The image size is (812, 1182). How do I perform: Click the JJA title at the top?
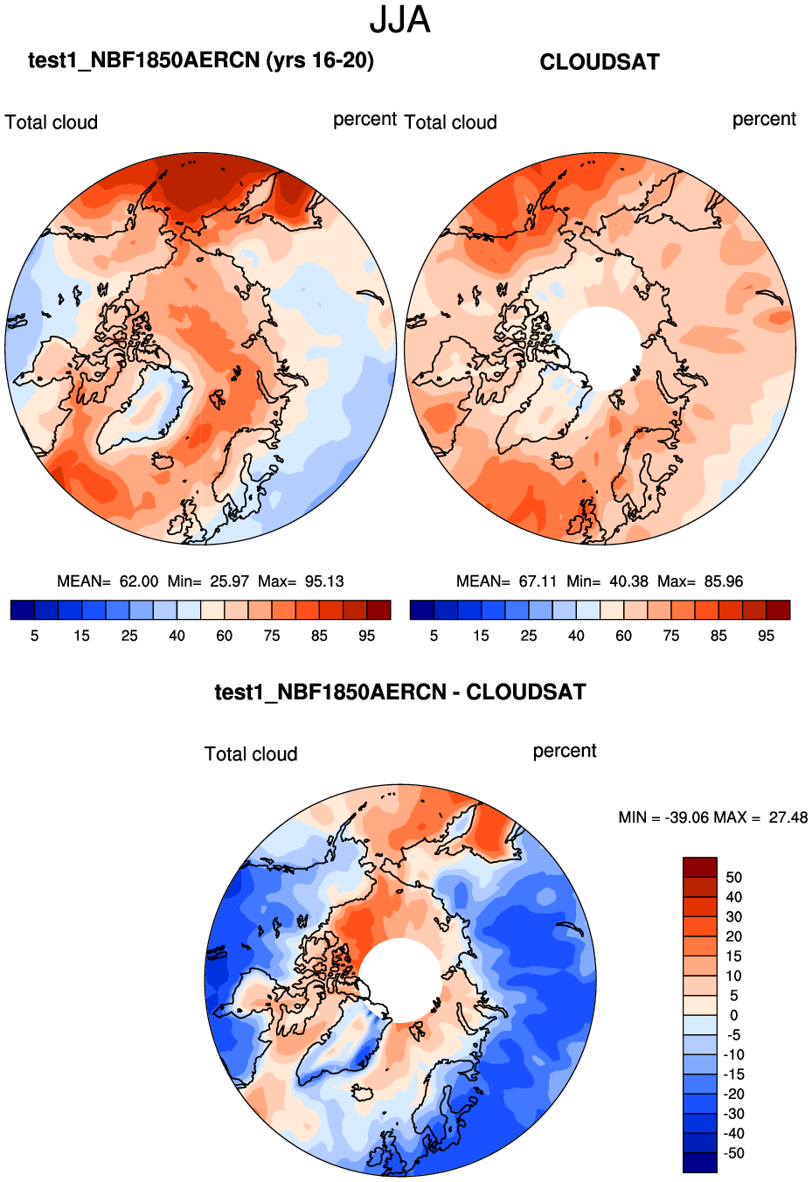tap(399, 20)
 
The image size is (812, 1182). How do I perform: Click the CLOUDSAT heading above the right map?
tap(600, 62)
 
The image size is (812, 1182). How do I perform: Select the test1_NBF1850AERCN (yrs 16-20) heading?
tap(201, 60)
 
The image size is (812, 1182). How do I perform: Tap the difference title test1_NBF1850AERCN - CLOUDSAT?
tap(400, 692)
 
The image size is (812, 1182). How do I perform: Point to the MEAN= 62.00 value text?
tap(108, 581)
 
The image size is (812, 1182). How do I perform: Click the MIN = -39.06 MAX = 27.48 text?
tap(712, 817)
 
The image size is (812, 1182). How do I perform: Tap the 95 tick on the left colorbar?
tap(366, 636)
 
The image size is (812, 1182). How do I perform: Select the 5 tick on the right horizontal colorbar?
tap(434, 636)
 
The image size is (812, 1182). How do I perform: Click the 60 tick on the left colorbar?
tap(225, 636)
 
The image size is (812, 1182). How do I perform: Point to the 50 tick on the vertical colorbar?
tap(733, 878)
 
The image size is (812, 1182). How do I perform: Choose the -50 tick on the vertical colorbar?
tap(734, 1153)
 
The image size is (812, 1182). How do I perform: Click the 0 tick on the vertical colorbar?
tap(733, 1015)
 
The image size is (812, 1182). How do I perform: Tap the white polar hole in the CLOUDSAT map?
tap(600, 348)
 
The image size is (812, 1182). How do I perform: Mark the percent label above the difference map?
tap(565, 751)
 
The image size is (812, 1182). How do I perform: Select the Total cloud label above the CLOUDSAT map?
tap(451, 122)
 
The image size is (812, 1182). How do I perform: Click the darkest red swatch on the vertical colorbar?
tap(700, 867)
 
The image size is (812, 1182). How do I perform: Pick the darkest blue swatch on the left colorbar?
tap(23, 610)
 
